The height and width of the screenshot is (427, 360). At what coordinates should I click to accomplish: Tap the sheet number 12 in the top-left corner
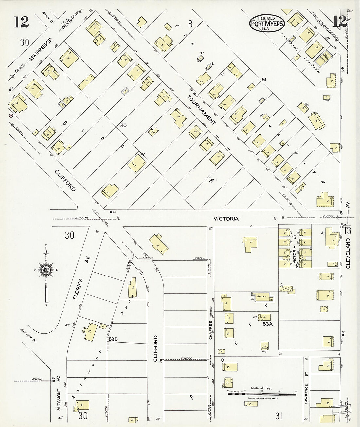21,22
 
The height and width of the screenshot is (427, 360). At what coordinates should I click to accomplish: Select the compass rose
46,270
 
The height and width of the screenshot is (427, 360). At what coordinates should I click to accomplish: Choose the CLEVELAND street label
348,253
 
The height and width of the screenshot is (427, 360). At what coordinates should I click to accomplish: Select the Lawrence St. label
307,394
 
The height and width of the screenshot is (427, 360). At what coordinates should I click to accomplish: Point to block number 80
123,125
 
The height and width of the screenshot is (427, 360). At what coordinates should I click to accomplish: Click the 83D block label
113,339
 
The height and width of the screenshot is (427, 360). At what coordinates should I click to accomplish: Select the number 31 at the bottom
279,416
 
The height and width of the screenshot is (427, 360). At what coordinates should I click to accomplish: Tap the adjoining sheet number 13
348,231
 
